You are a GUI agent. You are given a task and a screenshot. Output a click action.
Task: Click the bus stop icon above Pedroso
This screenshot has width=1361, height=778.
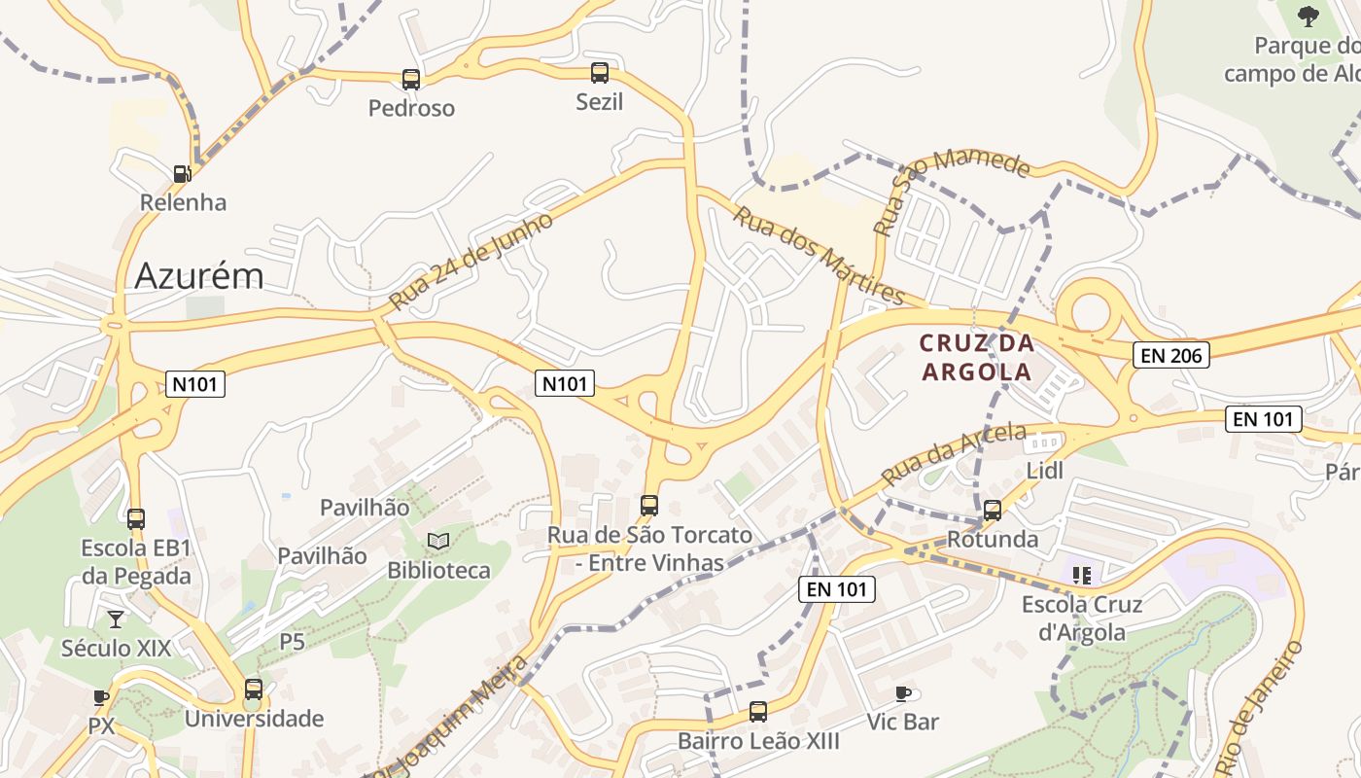(x=411, y=80)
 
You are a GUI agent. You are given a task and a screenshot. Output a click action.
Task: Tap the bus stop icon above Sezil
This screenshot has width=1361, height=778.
(x=600, y=73)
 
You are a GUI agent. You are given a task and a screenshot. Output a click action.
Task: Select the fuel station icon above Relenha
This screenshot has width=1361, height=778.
(x=182, y=174)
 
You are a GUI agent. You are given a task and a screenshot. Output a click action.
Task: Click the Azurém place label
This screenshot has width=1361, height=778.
(x=199, y=276)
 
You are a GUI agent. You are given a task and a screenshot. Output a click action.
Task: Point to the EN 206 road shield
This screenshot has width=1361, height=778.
(x=1171, y=356)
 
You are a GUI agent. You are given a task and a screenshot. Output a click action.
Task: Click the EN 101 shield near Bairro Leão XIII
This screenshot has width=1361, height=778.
(x=837, y=588)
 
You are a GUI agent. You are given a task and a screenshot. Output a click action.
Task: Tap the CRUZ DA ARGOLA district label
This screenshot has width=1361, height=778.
(x=976, y=357)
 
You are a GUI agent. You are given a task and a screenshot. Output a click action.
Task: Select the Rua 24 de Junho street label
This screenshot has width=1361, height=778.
(x=471, y=261)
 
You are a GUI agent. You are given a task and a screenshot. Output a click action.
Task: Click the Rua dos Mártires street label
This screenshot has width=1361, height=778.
(x=819, y=255)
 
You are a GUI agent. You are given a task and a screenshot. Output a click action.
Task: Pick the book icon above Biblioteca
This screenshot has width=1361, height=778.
(x=438, y=541)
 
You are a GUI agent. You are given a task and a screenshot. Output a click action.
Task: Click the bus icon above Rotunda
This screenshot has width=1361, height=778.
(x=993, y=511)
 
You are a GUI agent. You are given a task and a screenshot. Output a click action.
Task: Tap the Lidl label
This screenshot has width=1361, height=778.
(x=1045, y=471)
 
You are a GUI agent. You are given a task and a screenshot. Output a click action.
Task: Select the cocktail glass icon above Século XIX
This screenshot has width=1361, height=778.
(x=116, y=619)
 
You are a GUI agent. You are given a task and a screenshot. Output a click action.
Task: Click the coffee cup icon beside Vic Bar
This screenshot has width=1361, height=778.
(x=903, y=693)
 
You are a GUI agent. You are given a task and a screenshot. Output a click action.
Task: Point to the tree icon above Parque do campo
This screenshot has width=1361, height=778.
(x=1309, y=16)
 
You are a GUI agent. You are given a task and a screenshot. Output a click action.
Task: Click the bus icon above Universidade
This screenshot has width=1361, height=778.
(x=254, y=690)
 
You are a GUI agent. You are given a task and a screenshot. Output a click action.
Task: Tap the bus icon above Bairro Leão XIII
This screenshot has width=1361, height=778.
(x=758, y=712)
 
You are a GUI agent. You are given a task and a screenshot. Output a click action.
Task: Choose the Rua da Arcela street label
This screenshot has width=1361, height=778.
(x=954, y=454)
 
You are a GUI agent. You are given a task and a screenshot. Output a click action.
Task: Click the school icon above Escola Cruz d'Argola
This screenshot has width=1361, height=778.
(x=1082, y=575)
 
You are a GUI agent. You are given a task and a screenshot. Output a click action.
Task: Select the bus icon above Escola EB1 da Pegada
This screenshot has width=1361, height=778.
(x=136, y=519)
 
